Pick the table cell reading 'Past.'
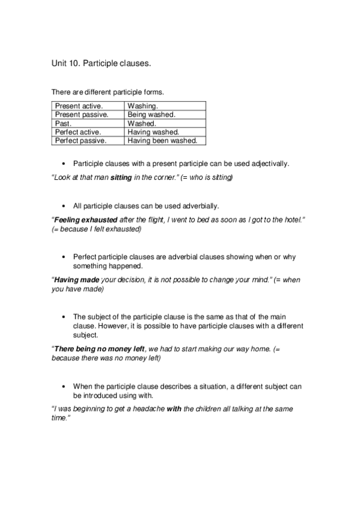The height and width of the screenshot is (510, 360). point(63,123)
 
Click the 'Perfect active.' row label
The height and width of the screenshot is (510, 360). point(78,132)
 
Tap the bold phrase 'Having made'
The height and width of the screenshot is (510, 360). point(76,280)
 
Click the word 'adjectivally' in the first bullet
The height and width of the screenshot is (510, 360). point(268,163)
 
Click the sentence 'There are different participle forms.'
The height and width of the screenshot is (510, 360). point(108,92)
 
